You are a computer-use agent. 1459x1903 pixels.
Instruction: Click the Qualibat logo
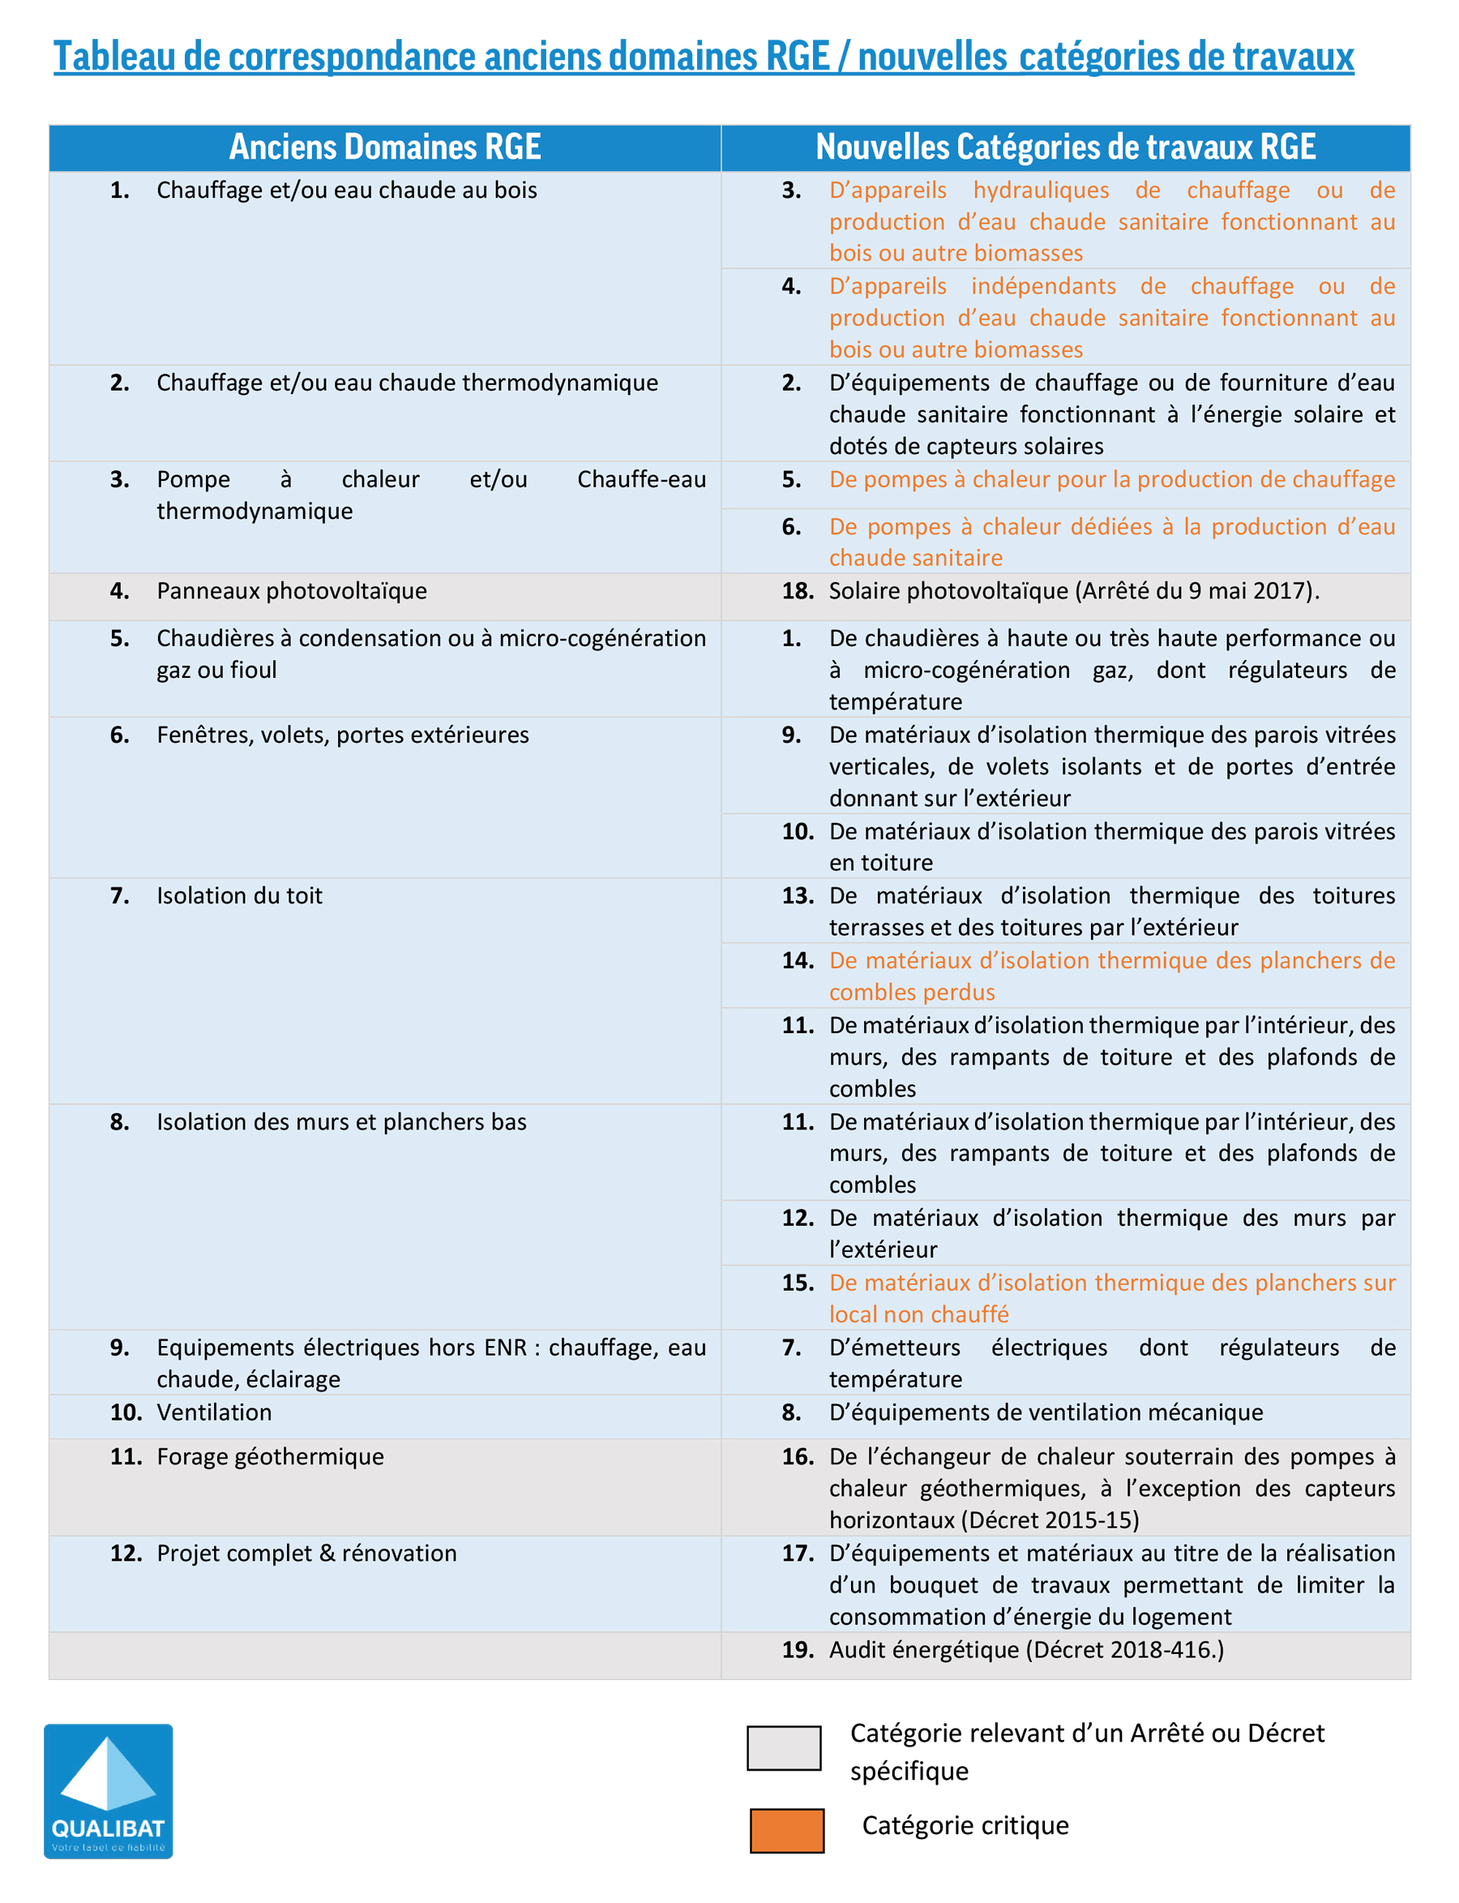(x=108, y=1790)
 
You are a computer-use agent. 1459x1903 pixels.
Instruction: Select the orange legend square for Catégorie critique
(x=786, y=1830)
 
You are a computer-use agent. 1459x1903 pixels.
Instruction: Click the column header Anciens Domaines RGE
(x=385, y=147)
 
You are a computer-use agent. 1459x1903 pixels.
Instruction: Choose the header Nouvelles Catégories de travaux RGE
(x=1065, y=147)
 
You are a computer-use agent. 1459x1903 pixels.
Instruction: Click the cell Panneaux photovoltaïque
(x=291, y=590)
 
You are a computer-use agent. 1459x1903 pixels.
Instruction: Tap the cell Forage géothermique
(x=269, y=1455)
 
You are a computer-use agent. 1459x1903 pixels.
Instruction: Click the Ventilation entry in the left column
(x=214, y=1412)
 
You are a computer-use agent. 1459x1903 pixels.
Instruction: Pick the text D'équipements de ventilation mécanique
(x=1045, y=1412)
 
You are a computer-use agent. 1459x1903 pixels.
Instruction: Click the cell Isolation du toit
(x=239, y=895)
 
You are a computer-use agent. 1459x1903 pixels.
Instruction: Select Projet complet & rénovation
(x=306, y=1552)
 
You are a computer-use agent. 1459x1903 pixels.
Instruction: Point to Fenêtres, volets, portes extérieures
(x=342, y=735)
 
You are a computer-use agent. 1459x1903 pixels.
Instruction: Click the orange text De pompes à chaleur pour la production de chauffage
(x=1110, y=479)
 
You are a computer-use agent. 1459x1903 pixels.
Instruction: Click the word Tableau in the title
(x=113, y=57)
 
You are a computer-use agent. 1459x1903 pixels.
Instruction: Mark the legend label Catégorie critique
(x=964, y=1825)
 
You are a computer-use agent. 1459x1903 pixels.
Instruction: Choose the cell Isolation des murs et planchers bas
(x=340, y=1121)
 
